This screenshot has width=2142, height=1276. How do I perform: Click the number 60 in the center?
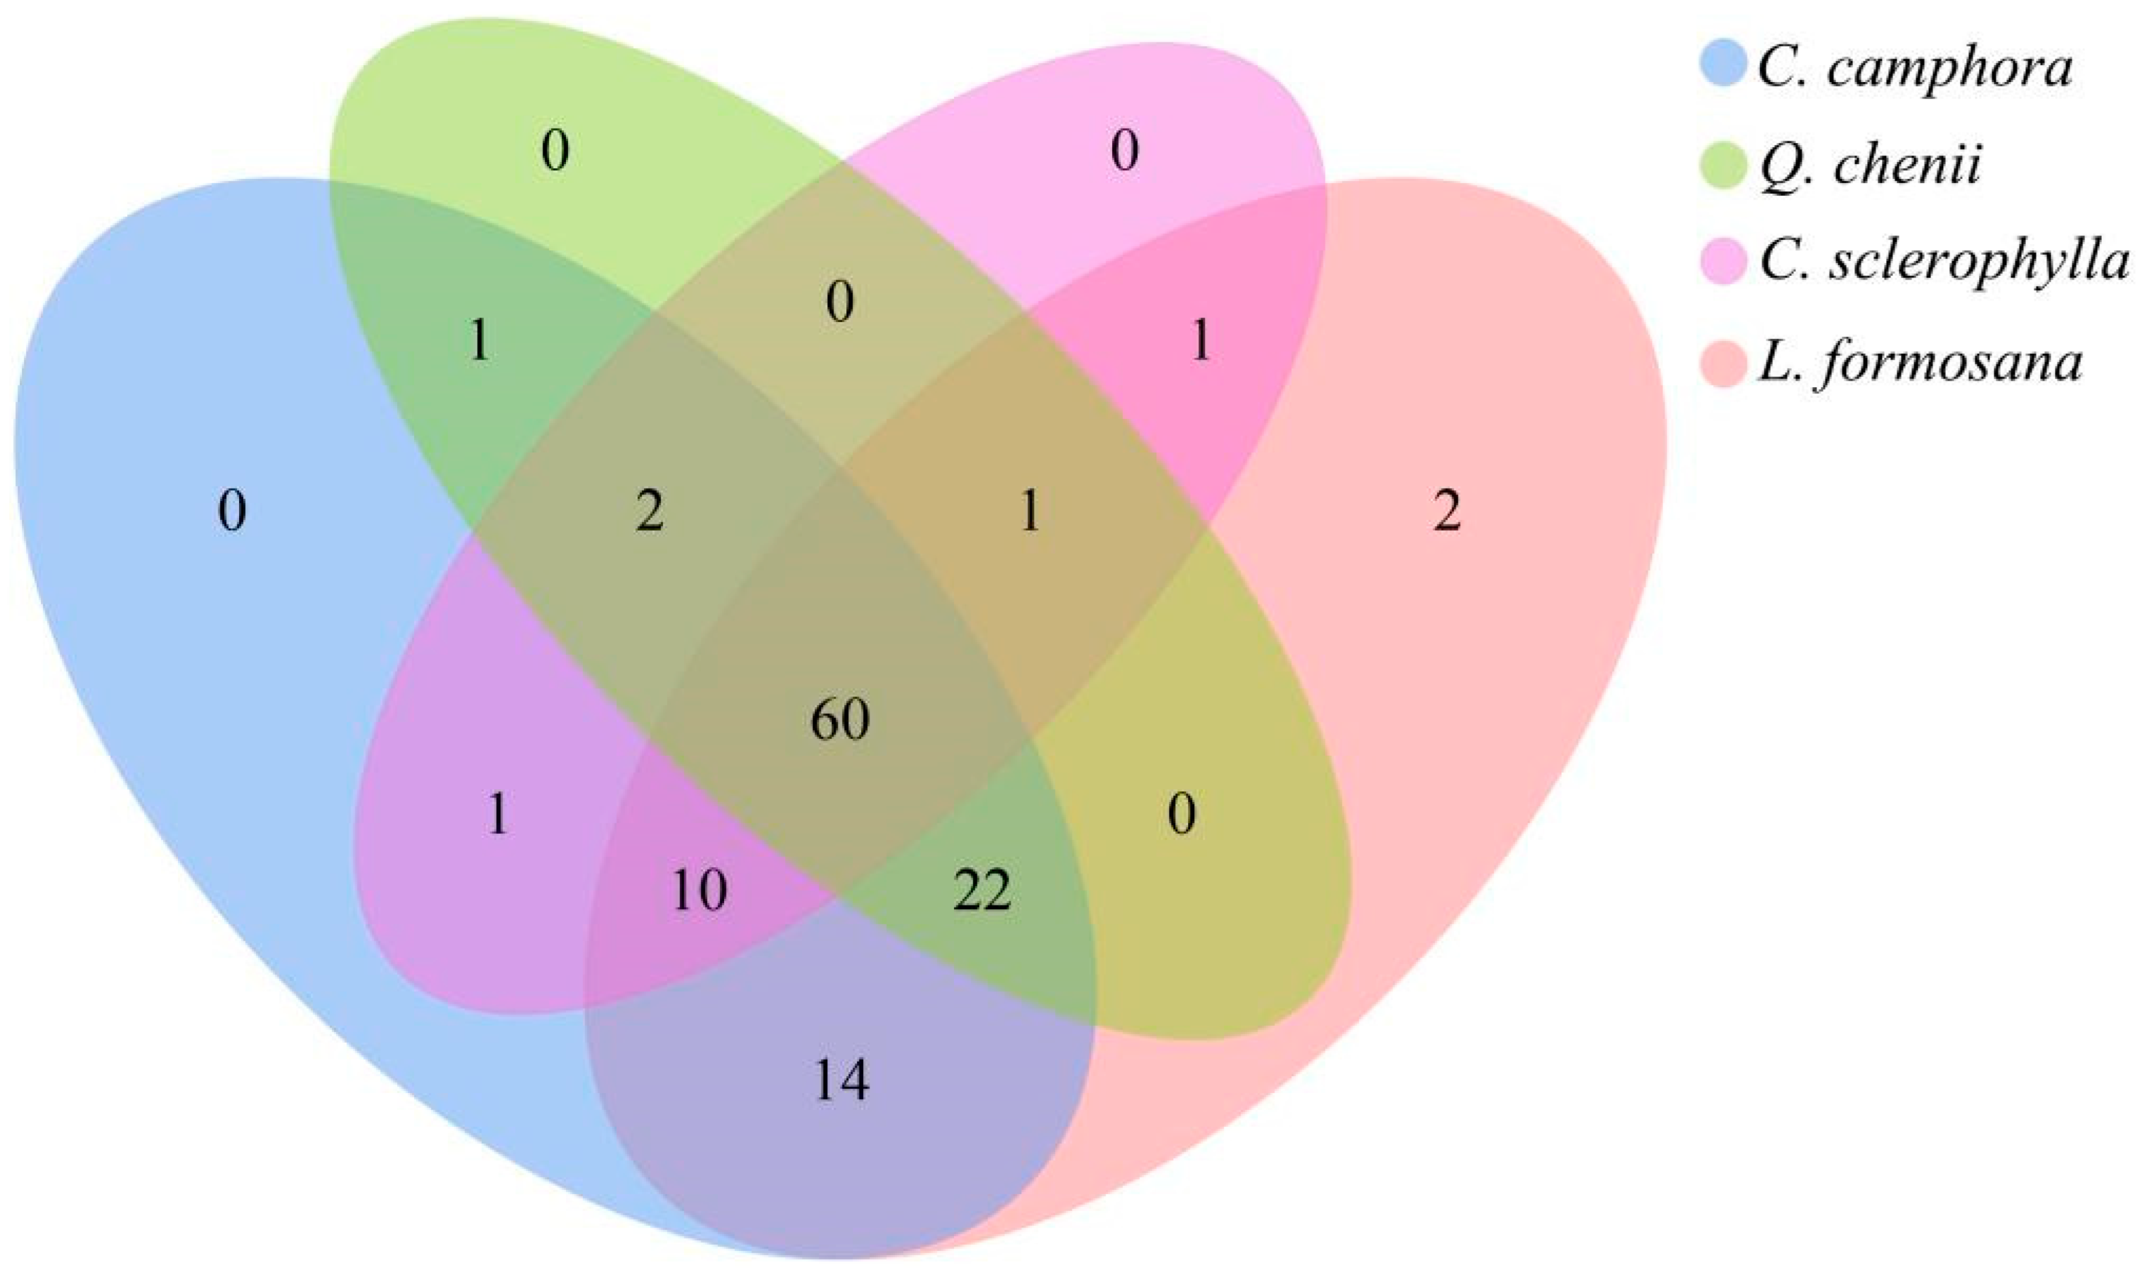pos(840,719)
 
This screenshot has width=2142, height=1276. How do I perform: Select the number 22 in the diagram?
pos(982,891)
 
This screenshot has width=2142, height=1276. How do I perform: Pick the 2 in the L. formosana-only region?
pos(1447,512)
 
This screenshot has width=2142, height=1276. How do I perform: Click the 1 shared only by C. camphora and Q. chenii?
pos(479,341)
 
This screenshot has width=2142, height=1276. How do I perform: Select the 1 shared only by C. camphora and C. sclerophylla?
pos(498,814)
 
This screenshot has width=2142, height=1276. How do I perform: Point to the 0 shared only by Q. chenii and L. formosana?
pos(1182,814)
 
